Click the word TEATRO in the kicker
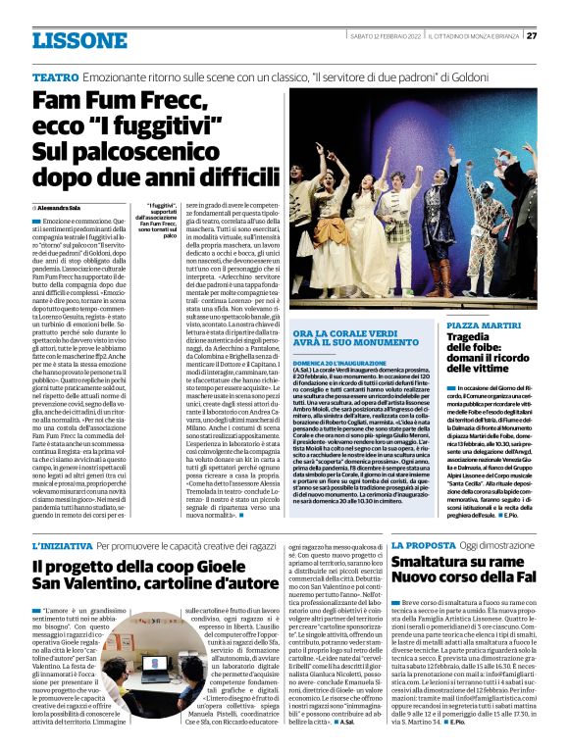pyautogui.click(x=56, y=75)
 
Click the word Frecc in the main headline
pyautogui.click(x=164, y=102)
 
